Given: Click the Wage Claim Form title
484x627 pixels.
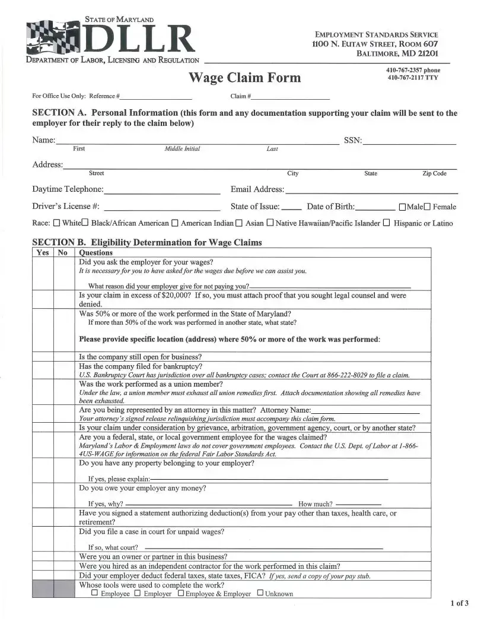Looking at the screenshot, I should [244, 78].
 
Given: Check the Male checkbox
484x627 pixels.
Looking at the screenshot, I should [403, 207].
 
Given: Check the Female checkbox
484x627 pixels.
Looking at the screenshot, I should [427, 207].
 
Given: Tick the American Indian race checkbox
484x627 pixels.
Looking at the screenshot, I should [175, 224].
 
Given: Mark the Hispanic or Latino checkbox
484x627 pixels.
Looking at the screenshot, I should [387, 224].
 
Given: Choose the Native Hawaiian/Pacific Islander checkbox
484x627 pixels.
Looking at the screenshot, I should [270, 224].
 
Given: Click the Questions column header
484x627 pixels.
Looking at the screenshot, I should [95, 252].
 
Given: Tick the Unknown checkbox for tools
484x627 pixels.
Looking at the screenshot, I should [260, 593].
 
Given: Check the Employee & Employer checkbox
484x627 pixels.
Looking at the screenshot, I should [180, 593].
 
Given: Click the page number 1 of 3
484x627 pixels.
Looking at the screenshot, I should [460, 604].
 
